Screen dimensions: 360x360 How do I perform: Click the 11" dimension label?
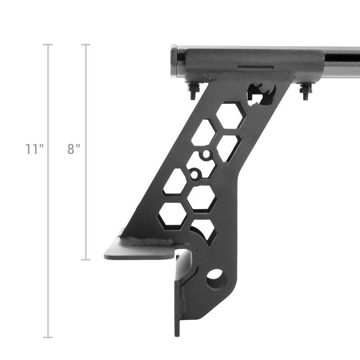click(x=34, y=149)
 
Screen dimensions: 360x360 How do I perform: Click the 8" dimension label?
click(x=74, y=149)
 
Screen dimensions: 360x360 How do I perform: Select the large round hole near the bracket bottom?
click(x=216, y=279)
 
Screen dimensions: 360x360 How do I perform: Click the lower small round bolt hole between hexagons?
click(x=195, y=173)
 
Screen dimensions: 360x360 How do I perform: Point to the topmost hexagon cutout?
click(x=230, y=115)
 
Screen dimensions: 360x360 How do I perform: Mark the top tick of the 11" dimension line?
click(x=48, y=45)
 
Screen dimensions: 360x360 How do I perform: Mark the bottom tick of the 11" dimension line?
click(x=48, y=337)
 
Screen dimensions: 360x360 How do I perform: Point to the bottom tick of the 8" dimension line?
click(x=85, y=260)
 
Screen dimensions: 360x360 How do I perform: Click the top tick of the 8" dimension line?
click(x=85, y=45)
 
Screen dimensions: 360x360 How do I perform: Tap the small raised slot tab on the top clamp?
click(x=255, y=68)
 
